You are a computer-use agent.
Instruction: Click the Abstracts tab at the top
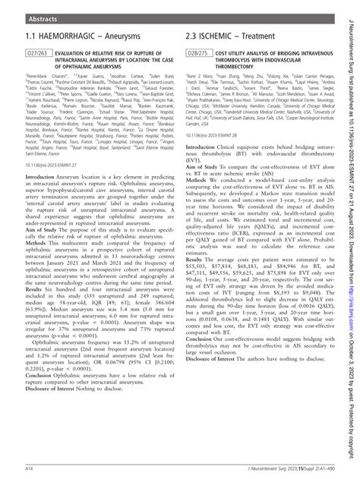[28, 13]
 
